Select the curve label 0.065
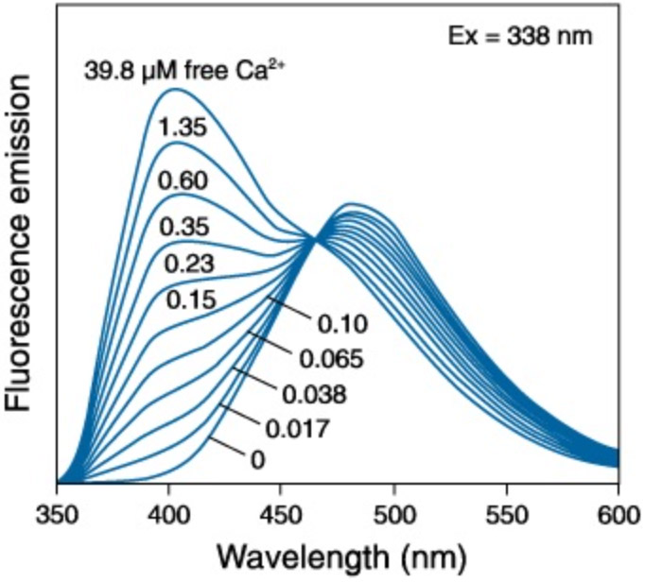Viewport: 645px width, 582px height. [332, 360]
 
